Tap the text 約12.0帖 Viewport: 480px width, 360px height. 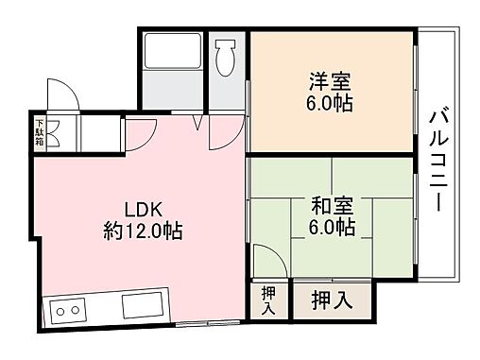tap(144, 231)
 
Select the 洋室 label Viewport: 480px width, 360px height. tap(330, 80)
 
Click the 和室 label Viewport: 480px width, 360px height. tap(331, 204)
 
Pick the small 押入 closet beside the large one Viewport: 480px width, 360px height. tap(268, 301)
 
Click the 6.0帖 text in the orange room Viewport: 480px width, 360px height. tap(330, 102)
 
